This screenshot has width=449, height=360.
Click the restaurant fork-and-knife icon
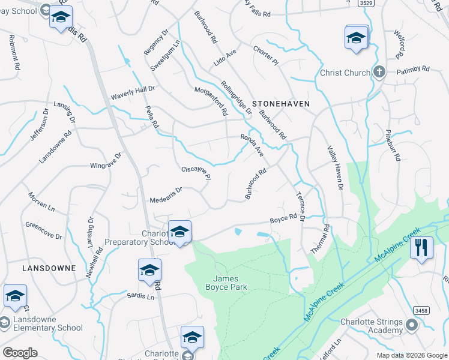click(x=421, y=247)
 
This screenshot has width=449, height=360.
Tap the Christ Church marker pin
click(x=379, y=73)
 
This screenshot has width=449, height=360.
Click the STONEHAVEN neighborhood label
click(x=281, y=104)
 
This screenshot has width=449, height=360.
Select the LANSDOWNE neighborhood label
click(x=49, y=268)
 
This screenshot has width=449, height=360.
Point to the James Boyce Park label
click(x=231, y=283)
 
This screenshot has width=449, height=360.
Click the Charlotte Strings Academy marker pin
click(x=412, y=326)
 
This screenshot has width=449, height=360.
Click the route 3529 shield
click(x=366, y=3)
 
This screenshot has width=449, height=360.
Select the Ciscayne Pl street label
click(x=196, y=173)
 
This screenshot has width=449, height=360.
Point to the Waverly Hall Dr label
click(x=133, y=92)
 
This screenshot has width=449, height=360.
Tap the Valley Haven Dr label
click(x=334, y=169)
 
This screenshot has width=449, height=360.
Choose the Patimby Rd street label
click(x=413, y=70)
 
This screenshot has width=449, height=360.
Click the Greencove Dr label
click(x=43, y=231)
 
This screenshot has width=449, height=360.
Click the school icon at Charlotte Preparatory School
click(x=179, y=232)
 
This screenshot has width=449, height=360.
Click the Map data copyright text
click(x=411, y=355)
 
